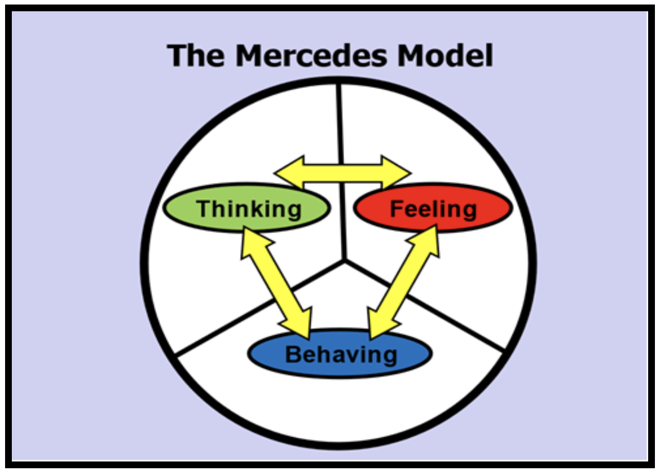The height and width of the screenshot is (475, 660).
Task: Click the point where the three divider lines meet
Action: tap(344, 261)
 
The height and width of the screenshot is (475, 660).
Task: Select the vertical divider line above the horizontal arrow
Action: tap(340, 118)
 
